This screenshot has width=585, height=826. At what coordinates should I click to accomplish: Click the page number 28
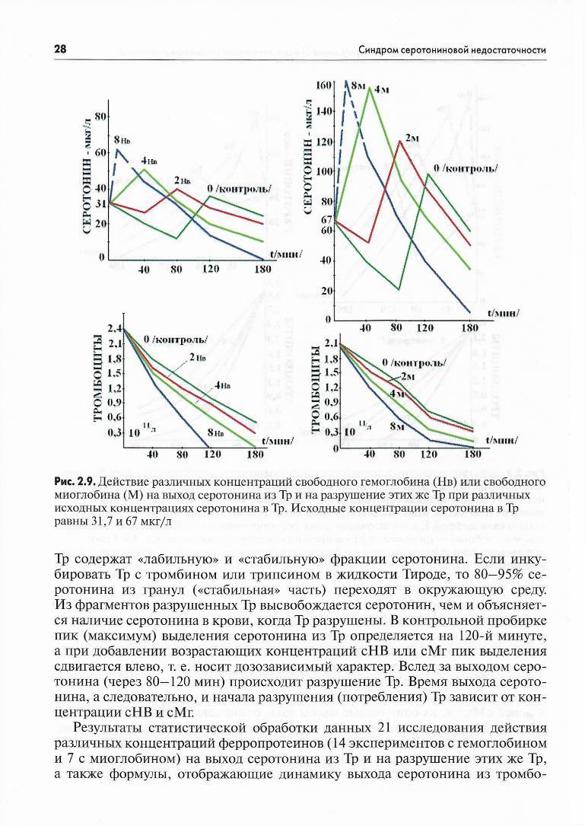pyautogui.click(x=59, y=49)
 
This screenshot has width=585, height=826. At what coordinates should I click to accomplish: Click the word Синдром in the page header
pyautogui.click(x=377, y=50)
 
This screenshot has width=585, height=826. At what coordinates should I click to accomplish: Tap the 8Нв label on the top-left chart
pyautogui.click(x=122, y=141)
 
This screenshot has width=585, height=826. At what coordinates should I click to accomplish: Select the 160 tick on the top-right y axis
pyautogui.click(x=324, y=85)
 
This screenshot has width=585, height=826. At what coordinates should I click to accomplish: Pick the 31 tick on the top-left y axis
pyautogui.click(x=100, y=204)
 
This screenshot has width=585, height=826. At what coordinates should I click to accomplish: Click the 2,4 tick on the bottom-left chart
pyautogui.click(x=115, y=329)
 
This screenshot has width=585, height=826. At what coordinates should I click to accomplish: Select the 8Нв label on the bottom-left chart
pyautogui.click(x=215, y=432)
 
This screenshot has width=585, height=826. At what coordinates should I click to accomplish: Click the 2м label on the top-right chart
pyautogui.click(x=412, y=139)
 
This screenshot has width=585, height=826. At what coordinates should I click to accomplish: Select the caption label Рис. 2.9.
pyautogui.click(x=74, y=482)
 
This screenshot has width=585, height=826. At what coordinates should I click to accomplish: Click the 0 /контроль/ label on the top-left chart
pyautogui.click(x=239, y=189)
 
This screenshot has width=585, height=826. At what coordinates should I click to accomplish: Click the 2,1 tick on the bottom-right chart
pyautogui.click(x=331, y=344)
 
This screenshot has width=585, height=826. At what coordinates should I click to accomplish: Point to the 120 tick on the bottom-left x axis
pyautogui.click(x=213, y=454)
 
